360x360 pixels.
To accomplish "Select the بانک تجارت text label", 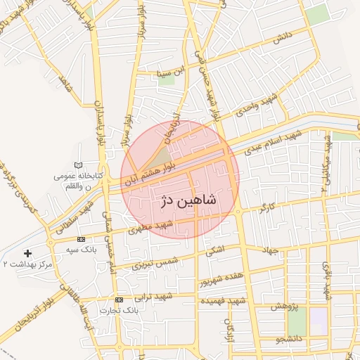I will click(x=116, y=310).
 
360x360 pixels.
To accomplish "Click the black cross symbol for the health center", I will click(x=28, y=252).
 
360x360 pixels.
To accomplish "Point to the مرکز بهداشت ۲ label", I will click(x=27, y=264).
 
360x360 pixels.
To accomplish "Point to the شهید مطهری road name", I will click(x=156, y=226).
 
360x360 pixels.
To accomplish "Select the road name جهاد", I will click(x=271, y=251).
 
